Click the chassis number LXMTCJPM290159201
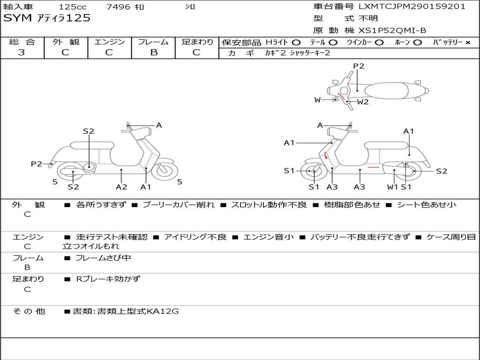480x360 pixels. tap(412, 7)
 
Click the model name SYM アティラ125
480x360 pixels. tap(47, 18)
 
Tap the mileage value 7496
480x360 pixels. tap(119, 7)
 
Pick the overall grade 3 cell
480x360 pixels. tap(22, 52)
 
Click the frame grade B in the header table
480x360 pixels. tap(153, 52)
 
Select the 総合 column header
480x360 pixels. tap(22, 42)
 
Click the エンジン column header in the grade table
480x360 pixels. tap(109, 42)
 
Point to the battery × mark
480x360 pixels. tap(467, 42)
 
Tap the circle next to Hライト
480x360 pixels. tap(296, 42)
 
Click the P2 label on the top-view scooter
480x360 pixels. tap(358, 66)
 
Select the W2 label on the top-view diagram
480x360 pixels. tap(363, 102)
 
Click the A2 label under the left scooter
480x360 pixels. tap(121, 187)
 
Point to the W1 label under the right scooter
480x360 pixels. tap(392, 187)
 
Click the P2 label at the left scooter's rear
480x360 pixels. tap(36, 164)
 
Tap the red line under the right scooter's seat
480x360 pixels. tap(374, 167)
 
